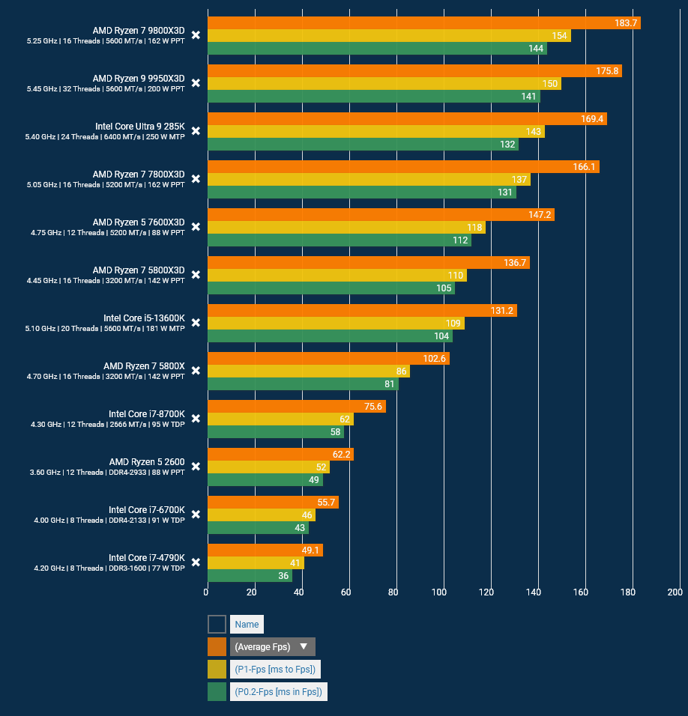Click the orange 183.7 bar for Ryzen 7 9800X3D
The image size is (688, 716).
pyautogui.click(x=423, y=23)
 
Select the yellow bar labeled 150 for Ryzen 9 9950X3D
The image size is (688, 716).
pyautogui.click(x=384, y=84)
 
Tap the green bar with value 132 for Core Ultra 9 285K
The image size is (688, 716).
pyautogui.click(x=363, y=145)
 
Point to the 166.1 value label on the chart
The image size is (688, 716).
pyautogui.click(x=584, y=167)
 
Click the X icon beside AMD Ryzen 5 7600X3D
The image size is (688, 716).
pyautogui.click(x=196, y=227)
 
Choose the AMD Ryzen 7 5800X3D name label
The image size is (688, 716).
pyautogui.click(x=139, y=270)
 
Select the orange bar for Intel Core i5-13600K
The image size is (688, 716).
pyautogui.click(x=362, y=311)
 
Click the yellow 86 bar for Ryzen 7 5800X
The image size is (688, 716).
pyautogui.click(x=308, y=371)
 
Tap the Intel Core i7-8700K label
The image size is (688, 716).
pyautogui.click(x=146, y=413)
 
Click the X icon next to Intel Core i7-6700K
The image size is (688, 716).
pyautogui.click(x=196, y=515)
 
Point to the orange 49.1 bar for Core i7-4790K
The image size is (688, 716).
pyautogui.click(x=265, y=550)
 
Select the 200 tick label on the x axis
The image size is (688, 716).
pyautogui.click(x=675, y=592)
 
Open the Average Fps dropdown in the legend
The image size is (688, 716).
pyautogui.click(x=272, y=646)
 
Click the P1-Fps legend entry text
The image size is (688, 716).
pyautogui.click(x=274, y=669)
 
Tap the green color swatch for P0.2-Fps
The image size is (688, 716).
pyautogui.click(x=217, y=691)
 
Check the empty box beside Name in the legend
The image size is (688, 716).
pyautogui.click(x=217, y=624)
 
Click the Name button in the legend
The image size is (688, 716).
pyautogui.click(x=247, y=624)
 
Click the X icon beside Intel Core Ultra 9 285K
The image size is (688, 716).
pyautogui.click(x=196, y=131)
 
